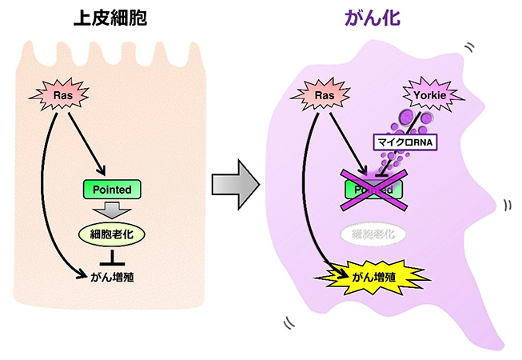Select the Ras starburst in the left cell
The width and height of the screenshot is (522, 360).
62,96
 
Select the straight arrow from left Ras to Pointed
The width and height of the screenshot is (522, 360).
86,144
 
